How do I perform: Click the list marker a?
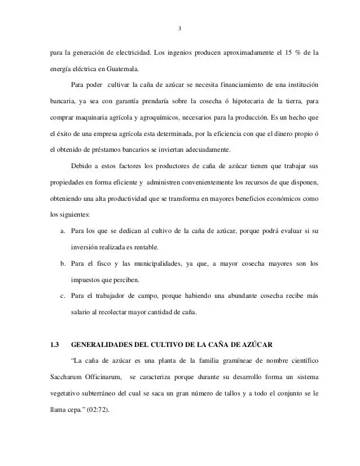62,231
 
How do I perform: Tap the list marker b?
62,263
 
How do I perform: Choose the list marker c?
62,296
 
